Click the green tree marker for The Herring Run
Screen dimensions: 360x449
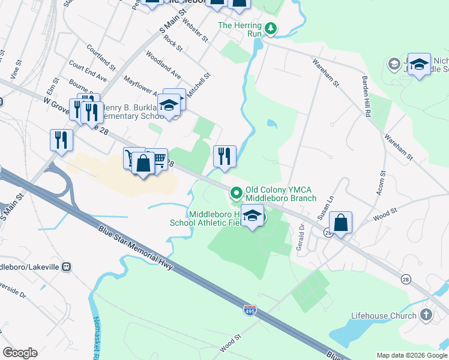(271, 28)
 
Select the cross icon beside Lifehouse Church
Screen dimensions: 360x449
(426, 316)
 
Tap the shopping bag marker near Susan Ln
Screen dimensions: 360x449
(340, 222)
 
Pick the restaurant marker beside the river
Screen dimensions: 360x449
(224, 157)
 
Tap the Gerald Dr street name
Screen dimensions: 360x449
(299, 237)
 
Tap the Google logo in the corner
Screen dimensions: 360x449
(20, 353)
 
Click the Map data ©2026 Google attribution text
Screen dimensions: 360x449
(411, 355)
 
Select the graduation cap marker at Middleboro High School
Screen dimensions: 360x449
(253, 217)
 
